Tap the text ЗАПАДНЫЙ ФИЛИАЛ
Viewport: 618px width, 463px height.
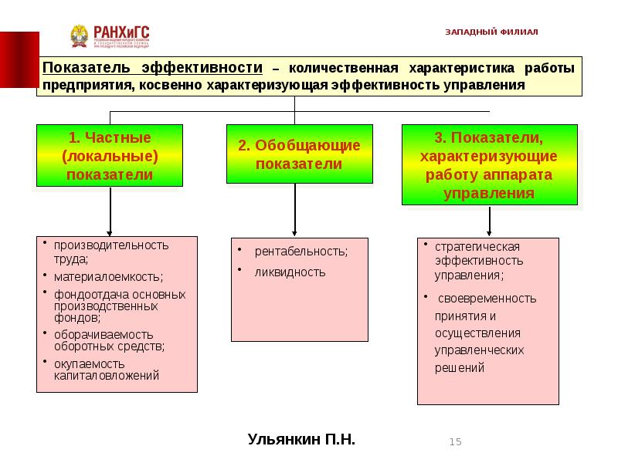491,32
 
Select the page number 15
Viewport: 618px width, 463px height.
455,441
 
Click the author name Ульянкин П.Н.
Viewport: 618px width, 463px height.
301,440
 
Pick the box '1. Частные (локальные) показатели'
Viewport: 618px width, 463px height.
110,155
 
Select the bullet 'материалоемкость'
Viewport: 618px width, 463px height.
97,275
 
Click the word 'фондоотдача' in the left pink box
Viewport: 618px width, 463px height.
87,295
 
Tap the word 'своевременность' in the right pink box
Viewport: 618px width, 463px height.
487,299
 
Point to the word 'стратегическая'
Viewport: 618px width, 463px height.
477,247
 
